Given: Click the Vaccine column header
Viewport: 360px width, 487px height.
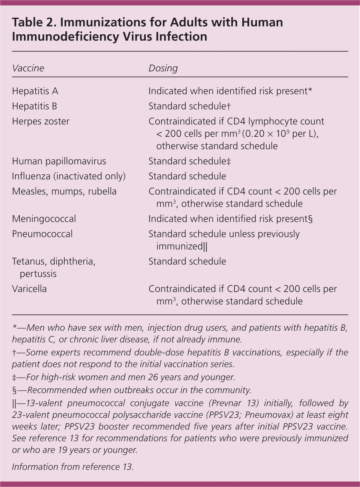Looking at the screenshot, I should (28, 68).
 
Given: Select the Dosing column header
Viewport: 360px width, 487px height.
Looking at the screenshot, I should (163, 68).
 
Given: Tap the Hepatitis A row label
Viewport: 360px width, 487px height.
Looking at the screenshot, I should (35, 91).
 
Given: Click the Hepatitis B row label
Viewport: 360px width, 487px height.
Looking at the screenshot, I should (34, 106).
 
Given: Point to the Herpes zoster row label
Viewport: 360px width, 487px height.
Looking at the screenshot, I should (41, 121).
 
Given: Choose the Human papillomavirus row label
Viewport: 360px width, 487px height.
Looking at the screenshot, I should (59, 161).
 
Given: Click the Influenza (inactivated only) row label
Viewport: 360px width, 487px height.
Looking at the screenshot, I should (69, 176).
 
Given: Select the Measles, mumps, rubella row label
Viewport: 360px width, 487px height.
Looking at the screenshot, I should (64, 191).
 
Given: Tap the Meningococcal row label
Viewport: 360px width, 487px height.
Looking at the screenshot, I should (44, 219).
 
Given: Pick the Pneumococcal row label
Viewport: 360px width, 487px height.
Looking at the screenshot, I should (42, 234).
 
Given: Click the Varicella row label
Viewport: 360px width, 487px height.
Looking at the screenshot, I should (29, 289).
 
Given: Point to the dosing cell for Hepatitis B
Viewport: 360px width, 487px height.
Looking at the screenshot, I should (189, 106).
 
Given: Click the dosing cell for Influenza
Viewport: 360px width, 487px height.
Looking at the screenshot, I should (187, 176).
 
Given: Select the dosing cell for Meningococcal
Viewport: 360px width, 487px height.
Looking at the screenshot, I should (230, 219).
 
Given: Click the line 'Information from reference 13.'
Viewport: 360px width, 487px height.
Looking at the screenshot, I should (73, 467).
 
